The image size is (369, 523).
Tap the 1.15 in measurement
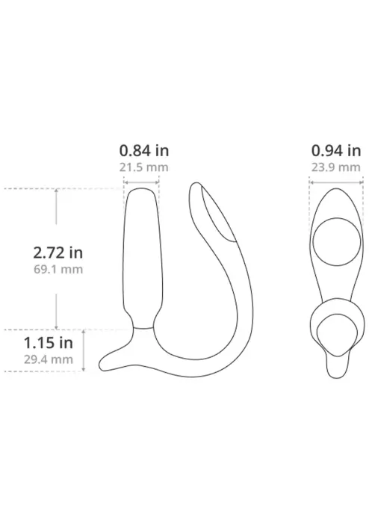coord(46,344)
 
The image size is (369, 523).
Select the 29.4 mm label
coord(46,359)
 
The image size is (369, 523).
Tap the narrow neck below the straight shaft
coord(144,324)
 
